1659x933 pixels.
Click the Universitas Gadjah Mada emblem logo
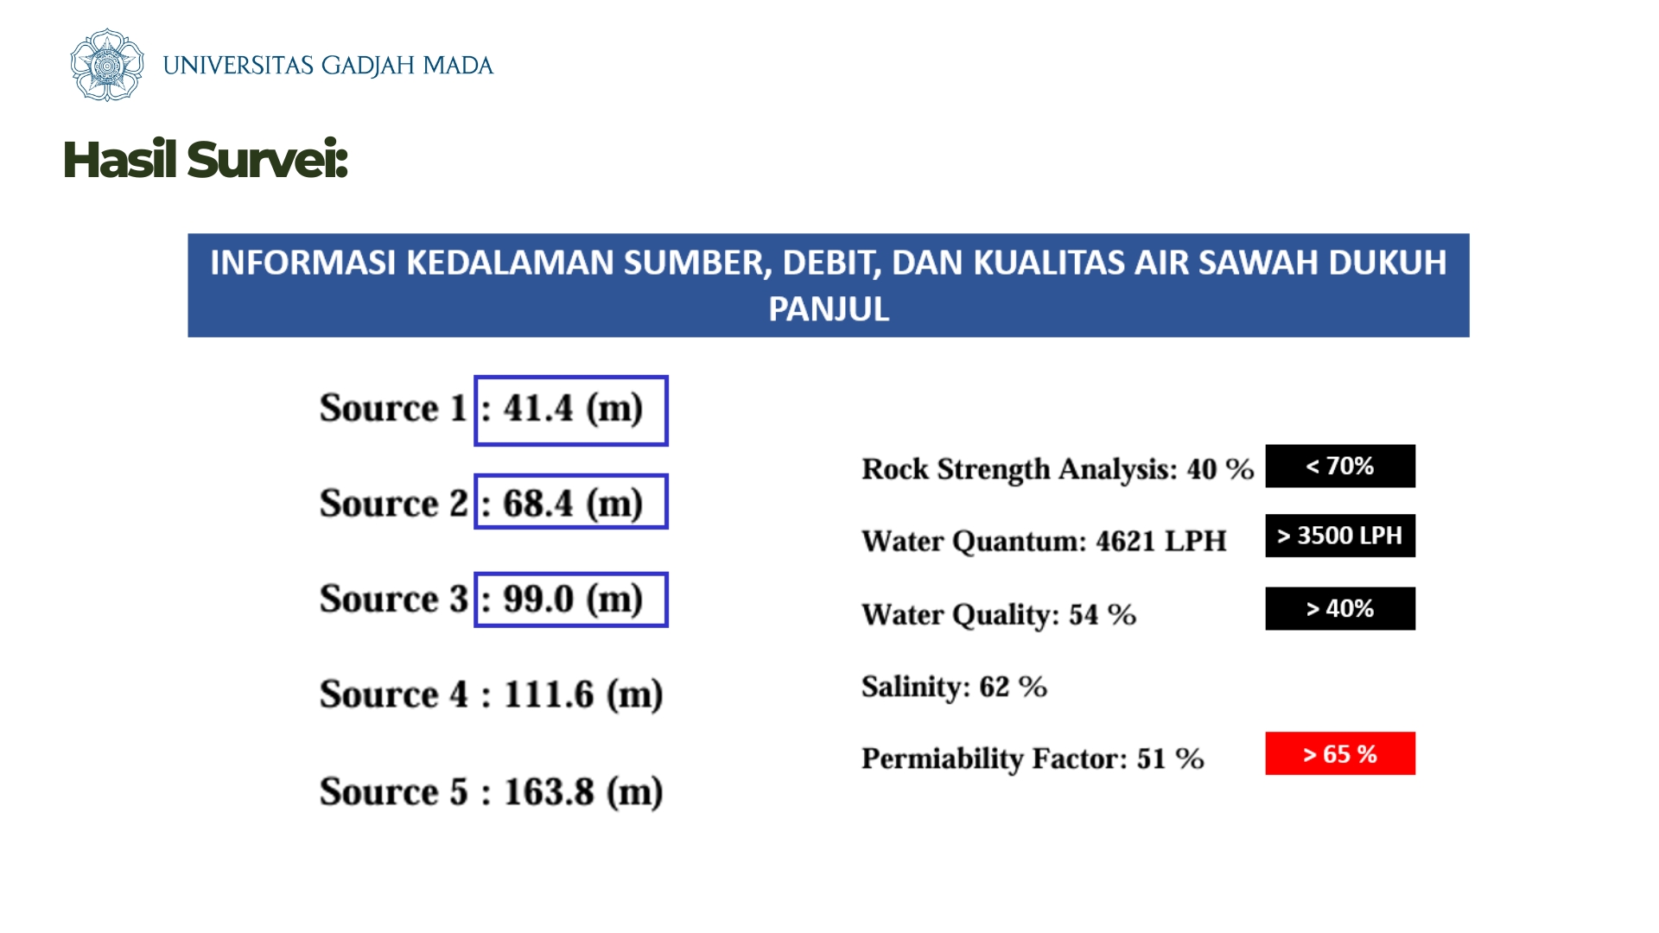pos(106,65)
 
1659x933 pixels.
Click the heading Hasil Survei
pos(206,160)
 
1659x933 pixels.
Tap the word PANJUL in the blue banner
pos(829,309)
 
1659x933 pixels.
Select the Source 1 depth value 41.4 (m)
pos(573,408)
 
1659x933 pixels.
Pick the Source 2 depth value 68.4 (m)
pos(573,503)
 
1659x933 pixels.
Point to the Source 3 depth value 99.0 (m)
pos(573,599)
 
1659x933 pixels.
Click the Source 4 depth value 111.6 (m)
pos(583,695)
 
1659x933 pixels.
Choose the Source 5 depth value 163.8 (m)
pos(583,791)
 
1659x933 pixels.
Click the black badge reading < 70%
pos(1340,466)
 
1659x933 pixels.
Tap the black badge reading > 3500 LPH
pos(1340,536)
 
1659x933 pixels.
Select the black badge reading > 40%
pos(1340,608)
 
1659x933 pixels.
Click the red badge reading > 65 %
pos(1340,753)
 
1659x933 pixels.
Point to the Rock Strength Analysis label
pos(1020,469)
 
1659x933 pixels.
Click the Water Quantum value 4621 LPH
pos(1161,541)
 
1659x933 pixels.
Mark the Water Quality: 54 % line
pos(999,614)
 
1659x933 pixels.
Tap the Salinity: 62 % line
pos(955,687)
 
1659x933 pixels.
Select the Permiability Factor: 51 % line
pos(1033,758)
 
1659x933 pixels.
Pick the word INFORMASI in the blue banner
pos(303,263)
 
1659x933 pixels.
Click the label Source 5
pos(394,791)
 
